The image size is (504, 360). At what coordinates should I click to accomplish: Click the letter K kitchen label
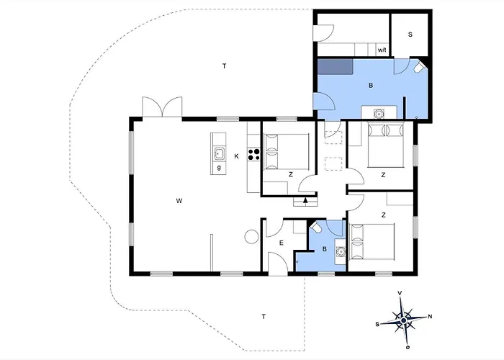point(237,156)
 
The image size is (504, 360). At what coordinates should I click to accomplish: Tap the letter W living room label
point(179,201)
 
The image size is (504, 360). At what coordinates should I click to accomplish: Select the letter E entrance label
point(282,243)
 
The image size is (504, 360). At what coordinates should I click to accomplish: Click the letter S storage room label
point(410,35)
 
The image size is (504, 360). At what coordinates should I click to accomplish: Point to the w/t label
point(382,50)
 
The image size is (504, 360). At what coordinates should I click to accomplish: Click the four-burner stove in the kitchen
point(254,154)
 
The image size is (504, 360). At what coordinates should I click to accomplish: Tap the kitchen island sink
point(220,153)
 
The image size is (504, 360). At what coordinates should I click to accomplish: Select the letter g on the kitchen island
point(219,167)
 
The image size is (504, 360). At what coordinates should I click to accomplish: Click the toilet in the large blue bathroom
point(419,68)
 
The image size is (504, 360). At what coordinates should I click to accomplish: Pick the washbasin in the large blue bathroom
point(379,113)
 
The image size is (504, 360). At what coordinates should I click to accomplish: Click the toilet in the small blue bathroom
point(315,228)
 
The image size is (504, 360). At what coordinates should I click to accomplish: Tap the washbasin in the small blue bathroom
point(341,251)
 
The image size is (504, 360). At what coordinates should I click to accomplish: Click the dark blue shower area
point(336,66)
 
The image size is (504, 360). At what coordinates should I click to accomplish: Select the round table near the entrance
point(252,237)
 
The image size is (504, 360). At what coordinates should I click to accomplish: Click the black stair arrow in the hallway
point(305,201)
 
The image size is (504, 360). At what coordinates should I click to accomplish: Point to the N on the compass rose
point(430,317)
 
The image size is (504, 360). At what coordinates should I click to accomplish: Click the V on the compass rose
point(400,293)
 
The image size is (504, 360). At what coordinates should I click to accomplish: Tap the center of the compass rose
point(404,320)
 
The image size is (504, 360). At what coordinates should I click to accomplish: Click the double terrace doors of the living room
point(162,107)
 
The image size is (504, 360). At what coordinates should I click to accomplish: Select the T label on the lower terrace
point(264,317)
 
